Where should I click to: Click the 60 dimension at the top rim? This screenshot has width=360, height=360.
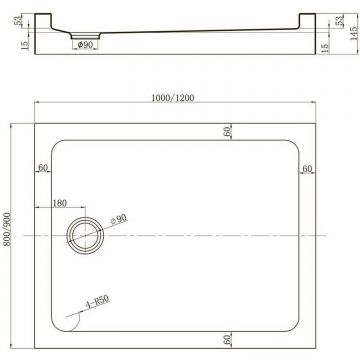click(x=228, y=131)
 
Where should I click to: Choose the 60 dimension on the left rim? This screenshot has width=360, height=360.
click(x=43, y=168)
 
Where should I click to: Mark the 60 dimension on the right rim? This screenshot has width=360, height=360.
click(x=307, y=168)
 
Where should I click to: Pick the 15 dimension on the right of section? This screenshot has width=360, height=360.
click(x=326, y=45)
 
